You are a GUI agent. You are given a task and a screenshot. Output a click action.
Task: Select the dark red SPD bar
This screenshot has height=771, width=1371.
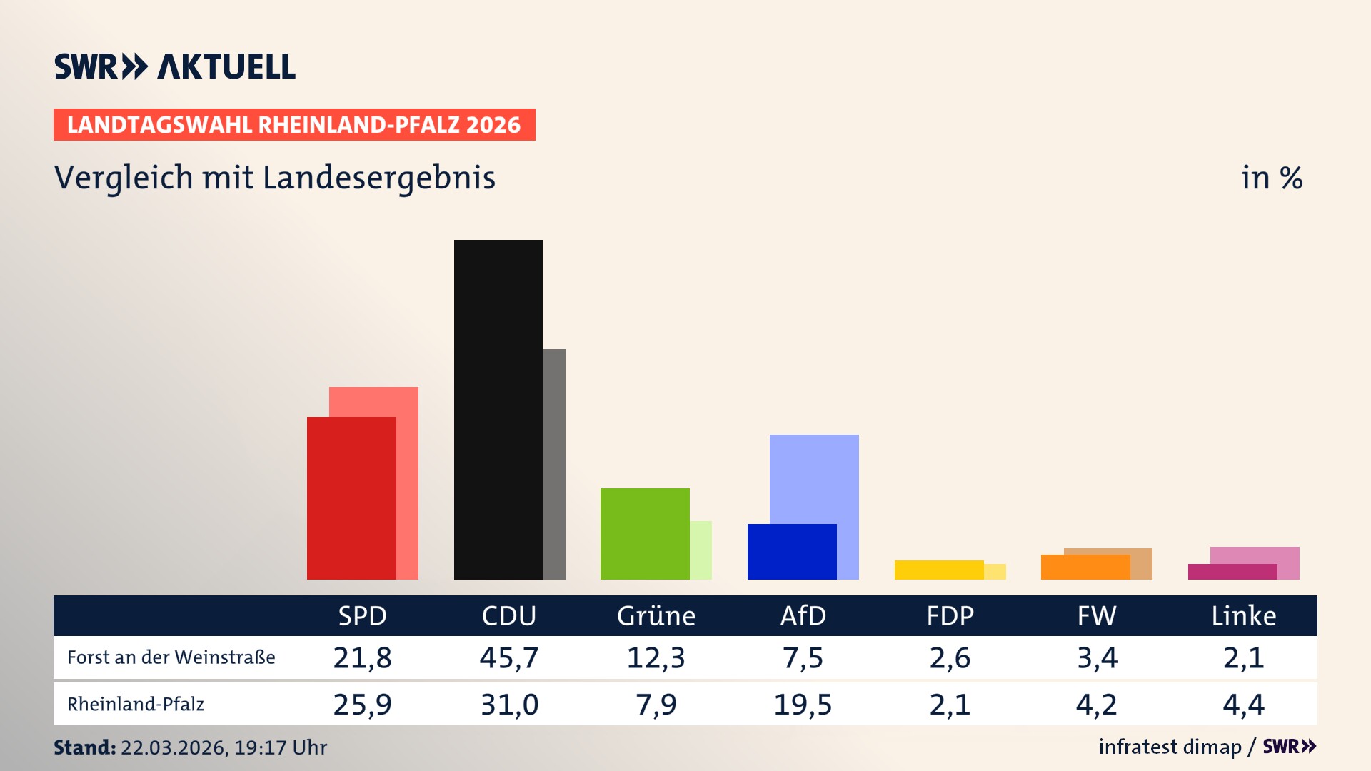point(351,498)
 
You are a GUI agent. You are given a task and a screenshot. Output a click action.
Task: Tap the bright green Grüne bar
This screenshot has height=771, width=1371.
point(645,533)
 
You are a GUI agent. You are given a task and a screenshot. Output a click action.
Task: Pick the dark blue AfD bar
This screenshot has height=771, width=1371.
point(791,551)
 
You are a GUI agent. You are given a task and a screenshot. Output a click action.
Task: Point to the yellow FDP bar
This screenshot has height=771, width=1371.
point(938,570)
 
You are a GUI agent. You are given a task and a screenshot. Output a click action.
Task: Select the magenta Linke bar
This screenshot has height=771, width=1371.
point(1232,572)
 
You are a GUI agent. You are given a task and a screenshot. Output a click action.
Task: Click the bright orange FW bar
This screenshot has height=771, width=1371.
point(1085,567)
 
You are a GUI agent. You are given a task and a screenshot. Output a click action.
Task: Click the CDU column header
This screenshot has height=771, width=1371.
point(508,615)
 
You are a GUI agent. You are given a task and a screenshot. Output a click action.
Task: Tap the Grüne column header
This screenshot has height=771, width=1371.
point(656,615)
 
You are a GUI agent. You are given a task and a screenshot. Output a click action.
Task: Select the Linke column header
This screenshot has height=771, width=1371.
point(1243,615)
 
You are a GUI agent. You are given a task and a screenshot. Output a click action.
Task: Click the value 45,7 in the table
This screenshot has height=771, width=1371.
point(508,657)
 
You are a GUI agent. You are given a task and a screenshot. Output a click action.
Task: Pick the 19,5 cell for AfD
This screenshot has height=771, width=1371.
point(803,705)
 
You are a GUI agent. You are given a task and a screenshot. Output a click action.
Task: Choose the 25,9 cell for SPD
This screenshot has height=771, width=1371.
point(362,705)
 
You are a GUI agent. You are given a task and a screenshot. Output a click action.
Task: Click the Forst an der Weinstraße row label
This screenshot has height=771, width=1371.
point(171,657)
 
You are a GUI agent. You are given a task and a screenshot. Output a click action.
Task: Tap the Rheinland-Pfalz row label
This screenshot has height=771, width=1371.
point(136,705)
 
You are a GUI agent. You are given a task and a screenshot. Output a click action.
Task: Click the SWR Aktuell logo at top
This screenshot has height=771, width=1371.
point(175,66)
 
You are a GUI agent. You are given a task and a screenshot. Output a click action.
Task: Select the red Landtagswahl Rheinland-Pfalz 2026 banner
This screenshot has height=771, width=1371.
point(294,125)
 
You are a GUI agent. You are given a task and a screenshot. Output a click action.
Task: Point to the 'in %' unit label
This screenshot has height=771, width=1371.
point(1271,178)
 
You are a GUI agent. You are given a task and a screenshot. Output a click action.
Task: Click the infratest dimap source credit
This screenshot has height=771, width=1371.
point(1170,747)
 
